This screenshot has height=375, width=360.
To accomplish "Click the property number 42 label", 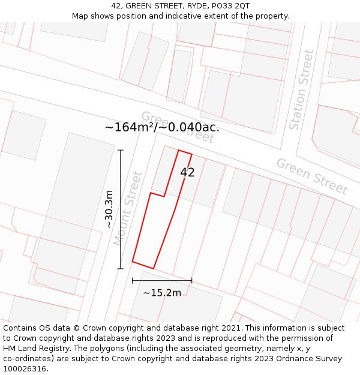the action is pos(187,173).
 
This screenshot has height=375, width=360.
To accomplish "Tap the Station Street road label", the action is pos(302,90).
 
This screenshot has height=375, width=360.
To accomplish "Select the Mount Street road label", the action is pos(128,208).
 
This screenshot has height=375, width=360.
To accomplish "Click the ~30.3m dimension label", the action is pos(109,209).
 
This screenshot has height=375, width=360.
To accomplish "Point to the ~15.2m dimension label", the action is pos(162,293).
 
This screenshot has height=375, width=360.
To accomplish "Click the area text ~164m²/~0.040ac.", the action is pos(162,127).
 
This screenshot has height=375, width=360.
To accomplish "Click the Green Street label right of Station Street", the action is pos(311,176).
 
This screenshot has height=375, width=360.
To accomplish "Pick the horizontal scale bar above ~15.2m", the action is pos(162,280).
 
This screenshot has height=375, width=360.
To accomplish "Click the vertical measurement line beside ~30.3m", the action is pos(121,209).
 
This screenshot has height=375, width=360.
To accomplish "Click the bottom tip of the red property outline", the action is pos(154,268).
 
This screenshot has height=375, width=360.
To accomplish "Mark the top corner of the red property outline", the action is pos(179,150).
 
